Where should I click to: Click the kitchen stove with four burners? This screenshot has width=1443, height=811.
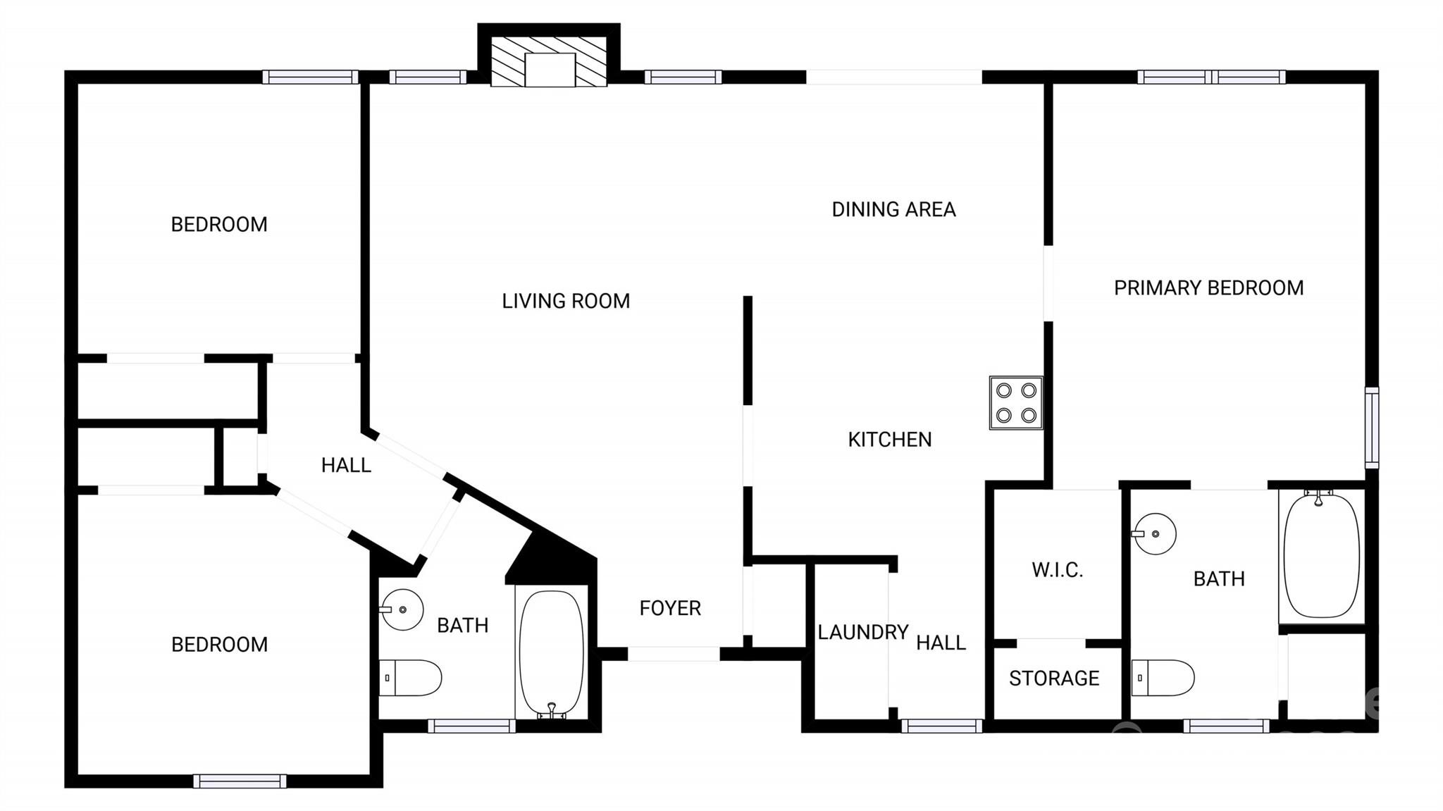point(1016,403)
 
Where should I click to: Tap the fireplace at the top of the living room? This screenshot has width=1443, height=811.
point(549,63)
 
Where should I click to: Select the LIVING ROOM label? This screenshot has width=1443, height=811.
point(566,302)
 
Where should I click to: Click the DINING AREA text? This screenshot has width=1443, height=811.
point(893,209)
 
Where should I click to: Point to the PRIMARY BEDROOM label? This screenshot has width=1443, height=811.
point(1208,288)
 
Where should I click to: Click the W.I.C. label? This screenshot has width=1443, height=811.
point(1057,570)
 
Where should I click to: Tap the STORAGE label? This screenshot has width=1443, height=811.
point(1054,679)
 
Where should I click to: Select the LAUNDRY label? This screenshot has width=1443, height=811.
point(862,633)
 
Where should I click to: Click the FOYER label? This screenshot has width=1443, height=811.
point(670,608)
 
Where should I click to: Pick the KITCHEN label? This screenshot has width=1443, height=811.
point(889,440)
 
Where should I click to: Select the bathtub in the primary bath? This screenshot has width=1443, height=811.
point(1321,555)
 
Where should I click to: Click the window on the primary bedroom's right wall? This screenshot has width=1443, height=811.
point(1371,428)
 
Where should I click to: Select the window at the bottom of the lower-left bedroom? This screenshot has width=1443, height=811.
point(240,781)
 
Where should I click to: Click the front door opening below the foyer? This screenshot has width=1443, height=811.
point(673,654)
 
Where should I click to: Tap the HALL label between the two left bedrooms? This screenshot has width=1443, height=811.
point(346,465)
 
